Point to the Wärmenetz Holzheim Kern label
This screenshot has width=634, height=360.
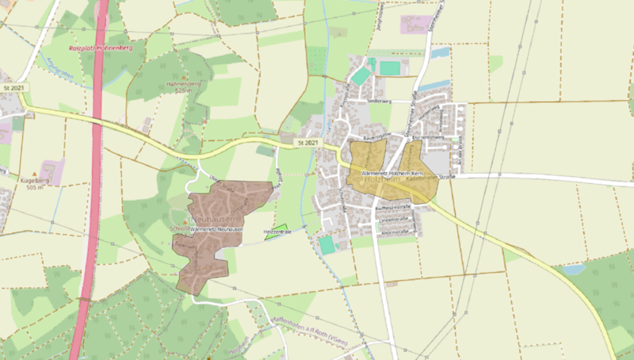[394, 172]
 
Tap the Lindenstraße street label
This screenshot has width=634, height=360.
[393, 218]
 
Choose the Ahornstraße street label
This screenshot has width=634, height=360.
[394, 232]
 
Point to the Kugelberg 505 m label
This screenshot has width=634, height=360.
[34, 184]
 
